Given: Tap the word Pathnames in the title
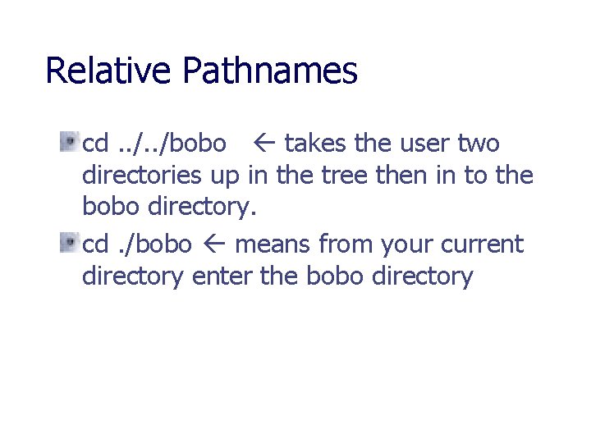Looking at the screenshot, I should click(270, 72).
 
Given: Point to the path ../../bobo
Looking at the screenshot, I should click(172, 144).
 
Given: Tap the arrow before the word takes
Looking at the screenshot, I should click(268, 144).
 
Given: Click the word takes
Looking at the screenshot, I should click(316, 144).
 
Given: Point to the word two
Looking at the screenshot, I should click(479, 144).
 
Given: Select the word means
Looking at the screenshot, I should click(273, 244).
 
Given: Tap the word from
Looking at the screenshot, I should click(347, 244).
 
